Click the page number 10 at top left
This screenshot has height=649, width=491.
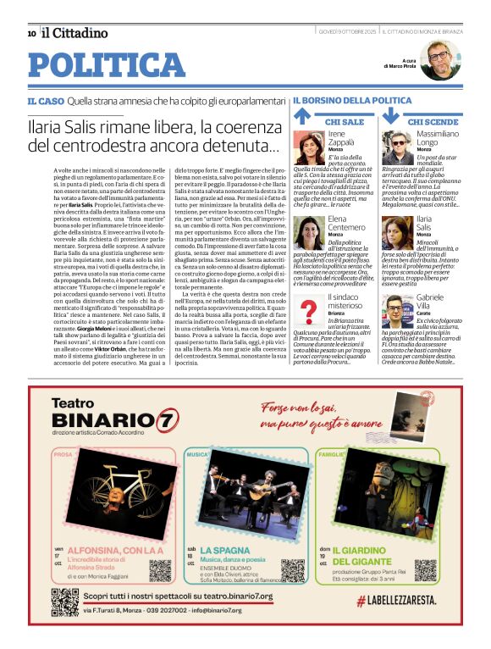tap(31, 33)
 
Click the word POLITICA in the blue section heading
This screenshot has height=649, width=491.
tap(106, 65)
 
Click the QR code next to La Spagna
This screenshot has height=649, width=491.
tap(292, 569)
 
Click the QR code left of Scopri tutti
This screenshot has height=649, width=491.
tap(65, 601)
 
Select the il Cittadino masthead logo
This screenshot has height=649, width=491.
tap(75, 33)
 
